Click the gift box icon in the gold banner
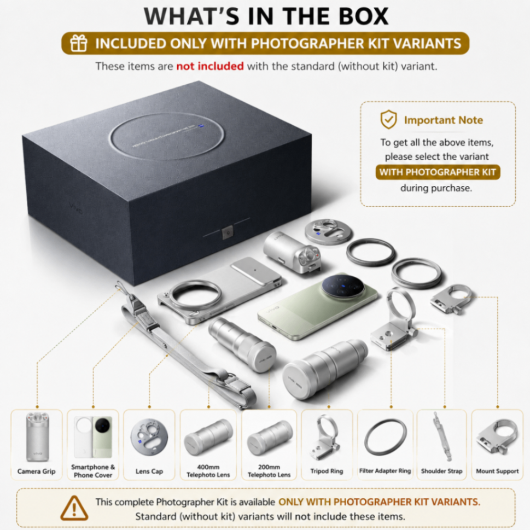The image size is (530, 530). [x=78, y=43]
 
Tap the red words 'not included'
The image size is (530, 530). [x=210, y=66]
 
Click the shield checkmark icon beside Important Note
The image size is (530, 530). [x=389, y=119]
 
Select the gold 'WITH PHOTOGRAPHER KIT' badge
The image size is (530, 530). [x=438, y=172]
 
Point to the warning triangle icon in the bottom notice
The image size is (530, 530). [x=74, y=508]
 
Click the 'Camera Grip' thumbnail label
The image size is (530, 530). [x=37, y=471]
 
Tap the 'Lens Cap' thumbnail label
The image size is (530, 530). [x=149, y=471]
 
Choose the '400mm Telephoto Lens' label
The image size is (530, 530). [x=208, y=471]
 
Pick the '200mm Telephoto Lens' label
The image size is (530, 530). [x=269, y=471]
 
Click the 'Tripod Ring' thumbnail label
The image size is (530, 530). [x=327, y=471]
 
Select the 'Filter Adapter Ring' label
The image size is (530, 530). [x=385, y=470]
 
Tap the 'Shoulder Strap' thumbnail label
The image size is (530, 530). [x=442, y=471]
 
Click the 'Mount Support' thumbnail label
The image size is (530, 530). [x=497, y=471]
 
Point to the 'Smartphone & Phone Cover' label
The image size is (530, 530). [x=93, y=471]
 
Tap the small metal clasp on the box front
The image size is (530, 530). [x=228, y=233]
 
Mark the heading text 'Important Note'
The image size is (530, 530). [x=444, y=120]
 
